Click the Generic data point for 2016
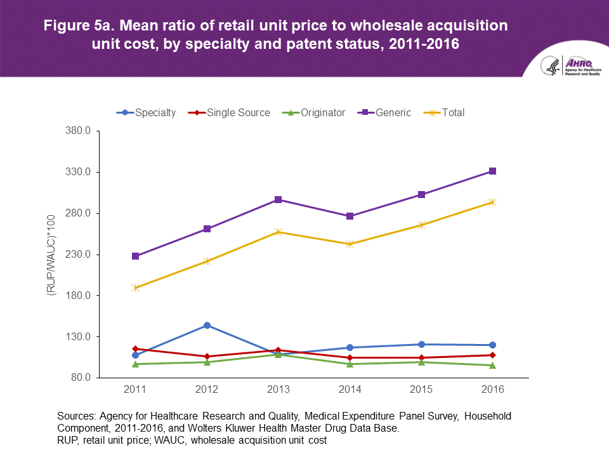tap(492, 171)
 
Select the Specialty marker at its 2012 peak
tap(207, 326)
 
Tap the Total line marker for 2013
tap(278, 232)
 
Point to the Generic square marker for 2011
tap(136, 256)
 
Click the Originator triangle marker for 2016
tap(492, 365)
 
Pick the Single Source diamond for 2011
tap(136, 349)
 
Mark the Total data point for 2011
tap(136, 288)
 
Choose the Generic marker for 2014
tap(350, 216)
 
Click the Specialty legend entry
tap(147, 112)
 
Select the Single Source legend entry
tap(229, 112)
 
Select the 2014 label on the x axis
tap(350, 389)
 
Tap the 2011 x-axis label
tap(136, 389)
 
